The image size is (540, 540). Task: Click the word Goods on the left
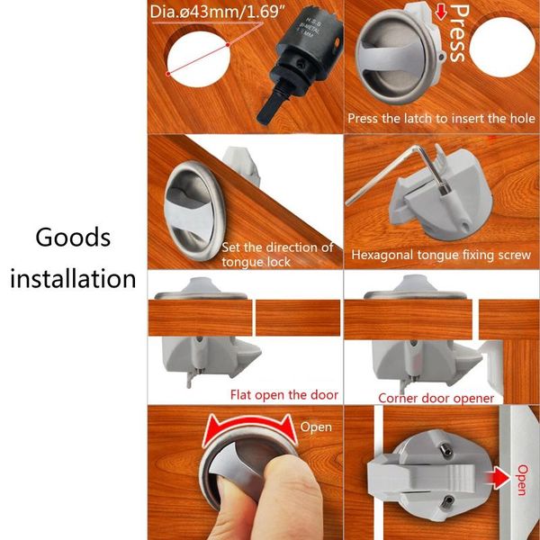point(73,238)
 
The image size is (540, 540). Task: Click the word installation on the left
point(73,278)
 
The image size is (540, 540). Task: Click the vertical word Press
point(458,33)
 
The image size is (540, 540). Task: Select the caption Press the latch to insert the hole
point(441,119)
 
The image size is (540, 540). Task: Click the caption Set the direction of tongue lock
point(277,255)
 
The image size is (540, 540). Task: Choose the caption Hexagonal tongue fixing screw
point(440,255)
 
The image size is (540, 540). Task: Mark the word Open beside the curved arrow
point(317,427)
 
